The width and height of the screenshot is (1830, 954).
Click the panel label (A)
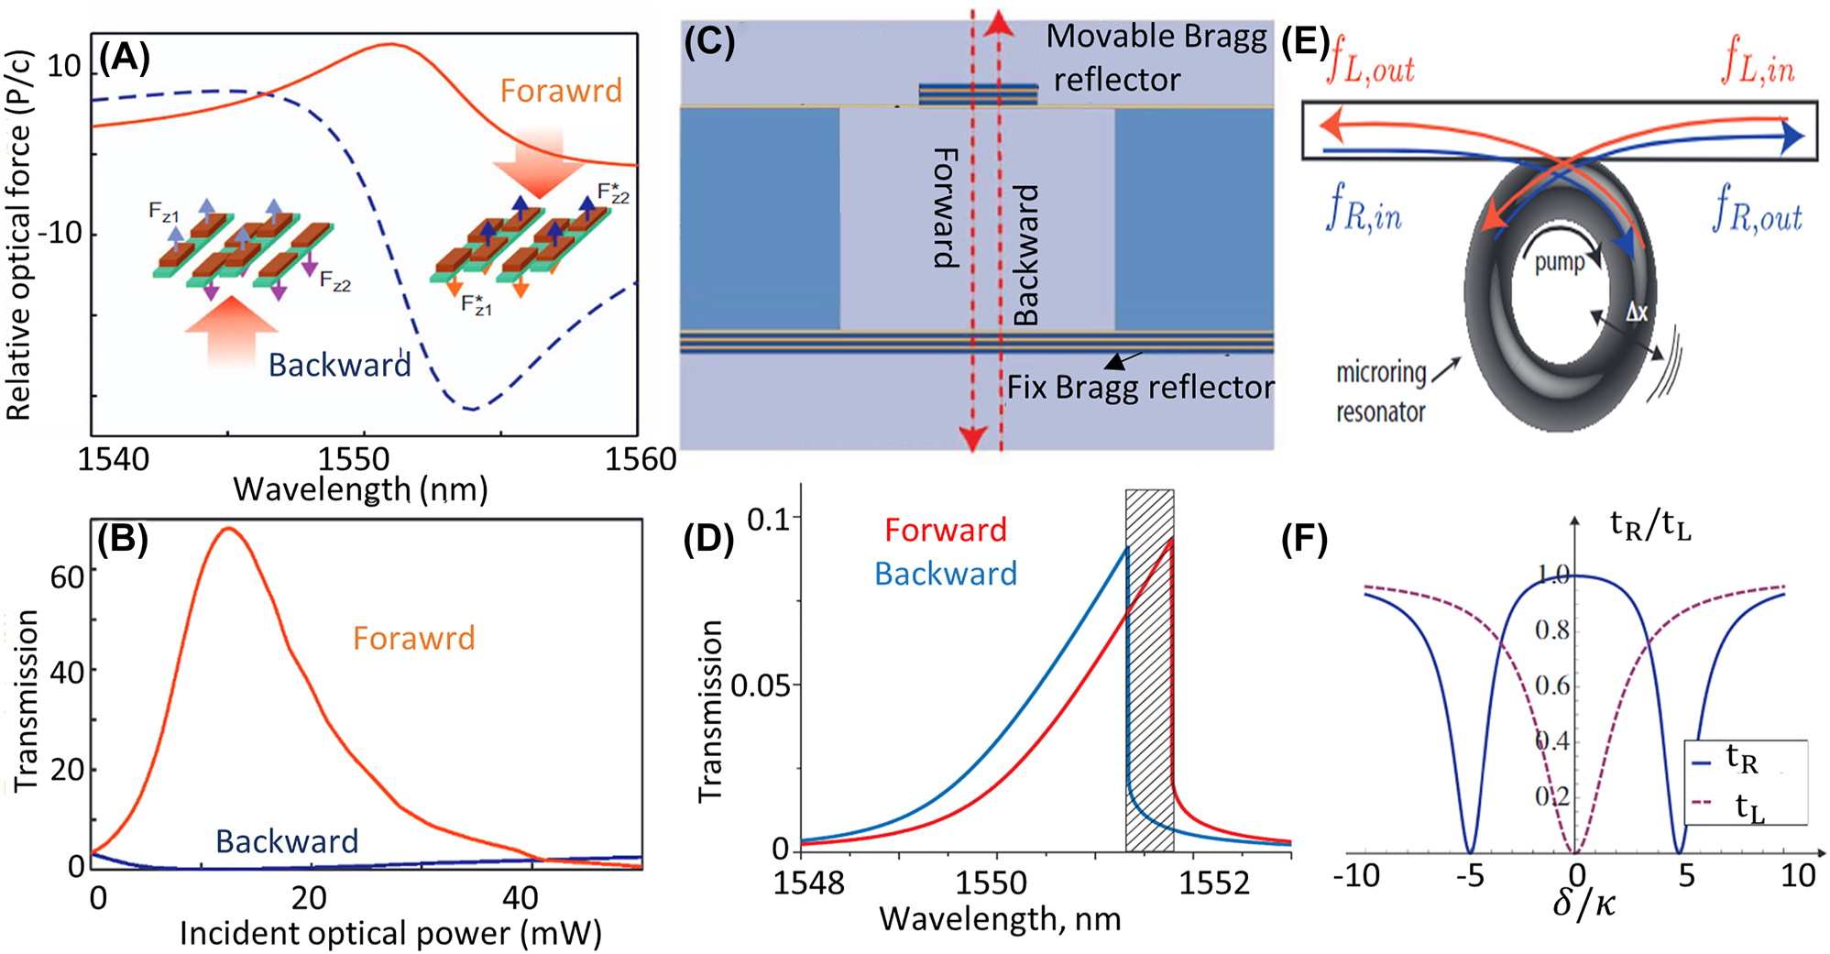point(125,59)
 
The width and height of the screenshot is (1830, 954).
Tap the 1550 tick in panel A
point(354,458)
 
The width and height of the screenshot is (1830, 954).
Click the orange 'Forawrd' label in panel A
point(561,91)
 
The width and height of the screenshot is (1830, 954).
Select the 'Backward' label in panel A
point(339,365)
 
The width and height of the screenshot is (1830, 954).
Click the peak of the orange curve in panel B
point(228,528)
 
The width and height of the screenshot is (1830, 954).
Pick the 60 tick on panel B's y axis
point(67,577)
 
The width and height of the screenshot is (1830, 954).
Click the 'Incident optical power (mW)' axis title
point(390,933)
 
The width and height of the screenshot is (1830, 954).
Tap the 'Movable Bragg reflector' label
point(1156,57)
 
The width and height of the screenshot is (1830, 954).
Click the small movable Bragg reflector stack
point(978,93)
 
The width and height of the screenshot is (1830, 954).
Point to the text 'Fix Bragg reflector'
point(1140,387)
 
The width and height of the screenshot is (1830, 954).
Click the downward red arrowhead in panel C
point(972,439)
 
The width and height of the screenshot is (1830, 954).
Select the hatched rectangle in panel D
point(1149,669)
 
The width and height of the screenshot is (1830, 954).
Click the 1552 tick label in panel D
point(1213,883)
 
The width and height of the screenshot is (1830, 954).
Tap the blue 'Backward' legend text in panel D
point(945,574)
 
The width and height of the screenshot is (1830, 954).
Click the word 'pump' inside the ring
point(1559,262)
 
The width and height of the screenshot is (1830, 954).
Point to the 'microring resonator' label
point(1381,392)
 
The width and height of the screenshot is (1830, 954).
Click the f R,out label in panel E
point(1757,209)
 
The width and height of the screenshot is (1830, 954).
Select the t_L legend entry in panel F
point(1747,807)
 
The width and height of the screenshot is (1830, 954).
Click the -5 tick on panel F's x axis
point(1469,876)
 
